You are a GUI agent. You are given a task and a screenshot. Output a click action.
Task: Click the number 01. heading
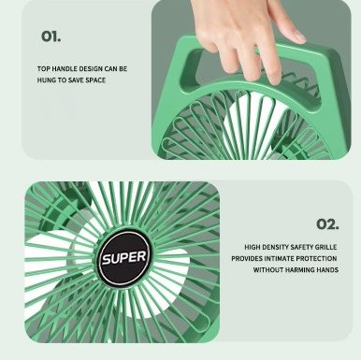(x=51, y=36)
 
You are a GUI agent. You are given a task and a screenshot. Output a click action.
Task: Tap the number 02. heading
(x=327, y=224)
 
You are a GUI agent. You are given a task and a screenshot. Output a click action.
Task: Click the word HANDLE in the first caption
(x=65, y=69)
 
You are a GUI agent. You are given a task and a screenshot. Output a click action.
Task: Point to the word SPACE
(x=95, y=80)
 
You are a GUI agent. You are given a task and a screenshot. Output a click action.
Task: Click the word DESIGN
(x=91, y=69)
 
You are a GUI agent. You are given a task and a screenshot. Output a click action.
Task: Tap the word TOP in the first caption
(x=44, y=69)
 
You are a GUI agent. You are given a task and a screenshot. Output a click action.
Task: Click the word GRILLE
(x=325, y=247)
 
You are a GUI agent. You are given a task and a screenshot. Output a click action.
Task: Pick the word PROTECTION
(x=316, y=259)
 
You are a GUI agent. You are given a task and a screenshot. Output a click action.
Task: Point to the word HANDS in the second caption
(x=327, y=270)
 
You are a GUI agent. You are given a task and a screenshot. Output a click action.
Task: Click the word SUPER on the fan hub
(x=124, y=258)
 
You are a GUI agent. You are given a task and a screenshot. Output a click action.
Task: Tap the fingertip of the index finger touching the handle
(x=274, y=80)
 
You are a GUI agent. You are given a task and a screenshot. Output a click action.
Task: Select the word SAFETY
(x=301, y=247)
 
